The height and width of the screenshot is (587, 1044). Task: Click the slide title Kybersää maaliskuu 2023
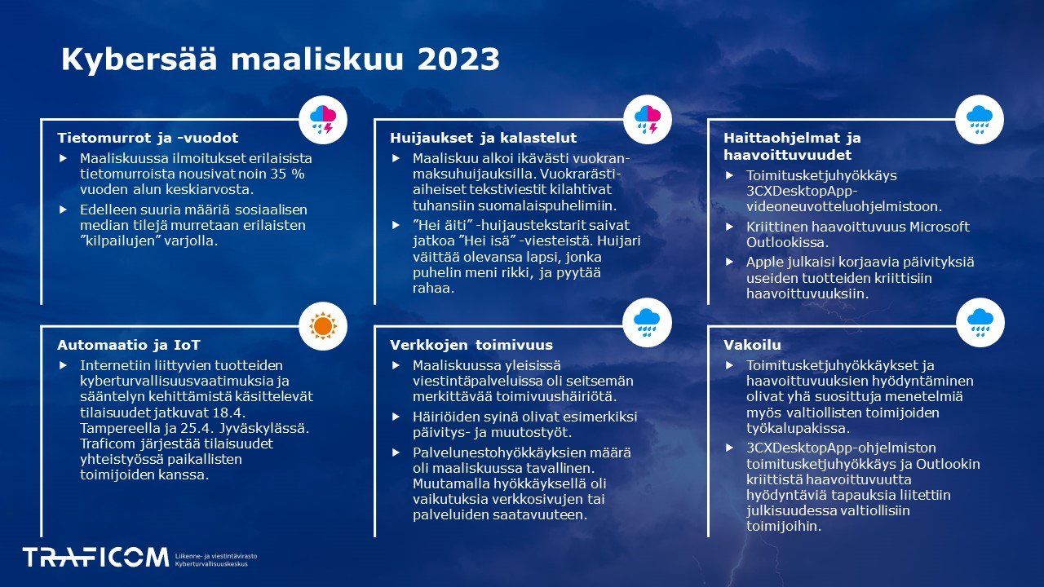point(281,60)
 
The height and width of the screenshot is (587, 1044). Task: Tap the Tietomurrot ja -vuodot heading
point(148,138)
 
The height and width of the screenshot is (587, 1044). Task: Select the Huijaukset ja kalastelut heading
point(483,138)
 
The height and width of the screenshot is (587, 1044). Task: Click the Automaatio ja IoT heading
point(129,345)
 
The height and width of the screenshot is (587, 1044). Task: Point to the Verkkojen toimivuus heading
point(471,345)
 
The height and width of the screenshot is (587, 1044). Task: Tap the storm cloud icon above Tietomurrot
point(323,119)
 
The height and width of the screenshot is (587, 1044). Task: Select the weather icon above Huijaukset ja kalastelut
point(648,119)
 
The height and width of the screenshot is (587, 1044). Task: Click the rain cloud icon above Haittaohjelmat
point(980,119)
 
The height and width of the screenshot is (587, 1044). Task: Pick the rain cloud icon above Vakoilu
point(980,322)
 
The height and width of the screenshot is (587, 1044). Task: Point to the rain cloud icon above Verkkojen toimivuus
point(648,322)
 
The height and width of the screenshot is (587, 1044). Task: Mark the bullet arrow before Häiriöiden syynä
point(397,416)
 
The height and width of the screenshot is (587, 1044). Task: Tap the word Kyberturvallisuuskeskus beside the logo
point(216,564)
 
